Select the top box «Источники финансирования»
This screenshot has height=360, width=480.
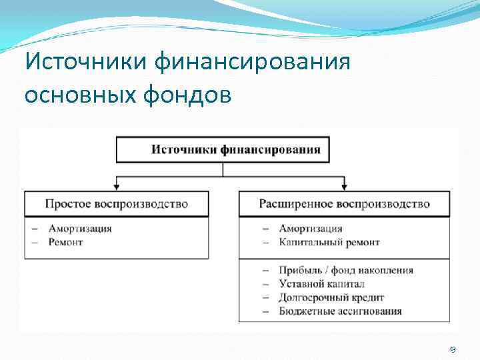236,149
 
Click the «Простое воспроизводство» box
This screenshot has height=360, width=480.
117,203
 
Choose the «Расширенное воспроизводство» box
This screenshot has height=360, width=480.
344,203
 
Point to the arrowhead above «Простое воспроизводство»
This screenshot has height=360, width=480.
117,187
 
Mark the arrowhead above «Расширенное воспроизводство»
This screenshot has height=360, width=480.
344,187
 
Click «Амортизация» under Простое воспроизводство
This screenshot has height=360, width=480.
80,229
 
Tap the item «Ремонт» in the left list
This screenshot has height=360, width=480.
65,241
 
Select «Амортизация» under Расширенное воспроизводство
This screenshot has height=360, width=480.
311,229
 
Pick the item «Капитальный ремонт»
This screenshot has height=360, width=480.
329,241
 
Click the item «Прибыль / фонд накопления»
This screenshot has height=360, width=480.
346,270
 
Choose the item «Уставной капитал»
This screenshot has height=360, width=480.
322,283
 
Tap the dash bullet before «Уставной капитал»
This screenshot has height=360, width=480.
266,283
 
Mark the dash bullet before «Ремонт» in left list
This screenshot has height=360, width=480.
35,241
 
